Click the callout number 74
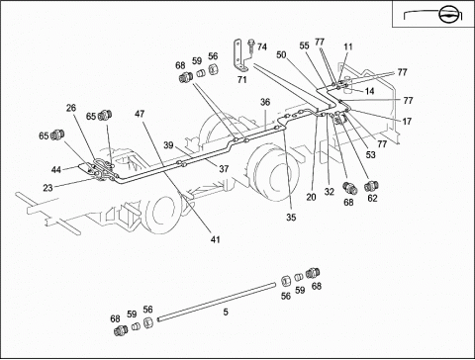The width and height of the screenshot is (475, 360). pos(262,47)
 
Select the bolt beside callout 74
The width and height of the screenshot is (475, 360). pos(251,47)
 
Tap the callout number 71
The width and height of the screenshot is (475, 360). pos(241,80)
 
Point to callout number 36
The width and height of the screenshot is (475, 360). pos(265,102)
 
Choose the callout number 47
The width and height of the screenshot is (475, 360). pos(140,114)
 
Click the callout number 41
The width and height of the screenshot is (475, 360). pos(215,239)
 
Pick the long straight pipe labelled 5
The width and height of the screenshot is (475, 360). pos(217,302)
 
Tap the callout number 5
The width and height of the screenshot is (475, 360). pos(226,312)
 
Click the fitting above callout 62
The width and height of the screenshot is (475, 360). pos(371,186)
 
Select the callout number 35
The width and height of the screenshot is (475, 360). pos(291,218)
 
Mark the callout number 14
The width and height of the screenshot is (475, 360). pos(369,91)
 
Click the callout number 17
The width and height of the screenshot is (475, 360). pos(407,122)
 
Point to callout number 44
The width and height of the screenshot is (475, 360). pos(56,170)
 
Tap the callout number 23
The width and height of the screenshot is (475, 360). pos(47,188)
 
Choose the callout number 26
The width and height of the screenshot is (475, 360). pos(71,108)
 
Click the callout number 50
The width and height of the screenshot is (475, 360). pos(281,54)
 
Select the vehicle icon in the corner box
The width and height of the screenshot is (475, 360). pos(433,15)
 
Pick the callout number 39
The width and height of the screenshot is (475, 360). pos(168,145)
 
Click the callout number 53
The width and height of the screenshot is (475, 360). pos(371,155)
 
